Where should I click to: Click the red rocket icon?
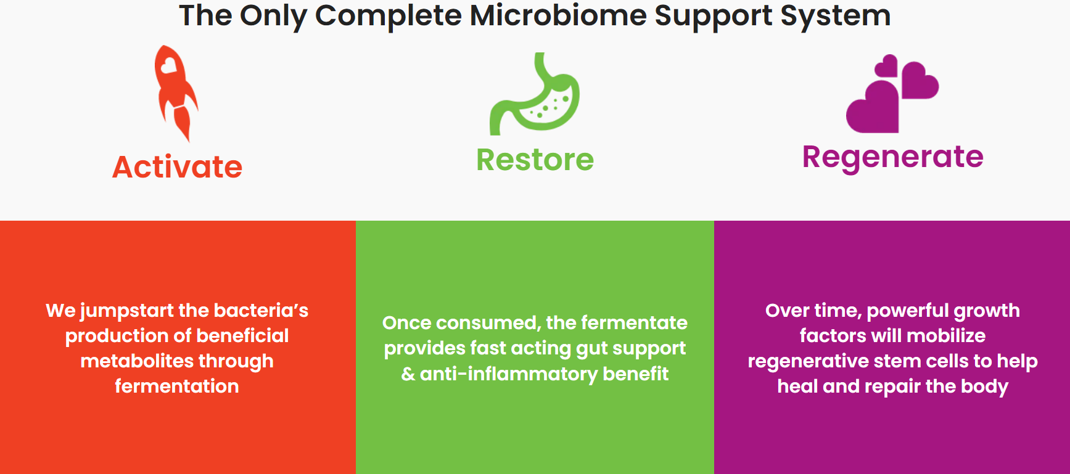(x=175, y=92)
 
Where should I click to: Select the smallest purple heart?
(x=886, y=66)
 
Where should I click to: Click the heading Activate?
(x=178, y=167)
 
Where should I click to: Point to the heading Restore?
(x=535, y=160)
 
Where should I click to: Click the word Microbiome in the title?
(x=557, y=15)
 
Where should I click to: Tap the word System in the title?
(x=835, y=16)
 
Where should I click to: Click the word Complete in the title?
(x=388, y=16)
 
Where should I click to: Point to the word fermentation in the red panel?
(x=177, y=386)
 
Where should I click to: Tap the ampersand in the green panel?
(x=408, y=374)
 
